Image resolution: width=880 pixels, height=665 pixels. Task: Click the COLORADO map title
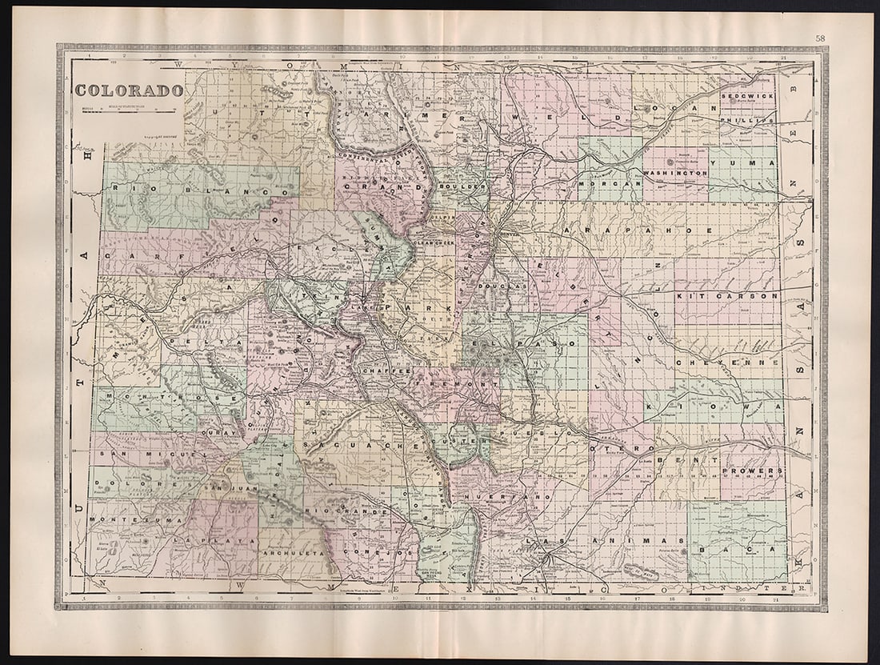(129, 90)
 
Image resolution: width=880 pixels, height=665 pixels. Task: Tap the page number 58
(821, 38)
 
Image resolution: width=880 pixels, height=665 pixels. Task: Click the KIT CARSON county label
(727, 295)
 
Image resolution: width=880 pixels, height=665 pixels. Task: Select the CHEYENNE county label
(727, 363)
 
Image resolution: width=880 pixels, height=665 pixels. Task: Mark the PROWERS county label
(751, 471)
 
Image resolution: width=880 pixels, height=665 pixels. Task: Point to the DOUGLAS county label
(502, 286)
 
